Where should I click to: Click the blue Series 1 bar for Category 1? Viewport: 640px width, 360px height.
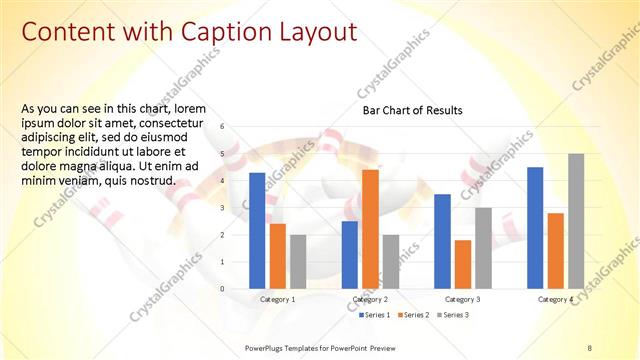(257, 230)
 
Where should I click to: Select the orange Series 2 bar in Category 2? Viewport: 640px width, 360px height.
(370, 229)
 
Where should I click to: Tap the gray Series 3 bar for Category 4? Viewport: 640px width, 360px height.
(576, 221)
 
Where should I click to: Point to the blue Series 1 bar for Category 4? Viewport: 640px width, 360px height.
(535, 227)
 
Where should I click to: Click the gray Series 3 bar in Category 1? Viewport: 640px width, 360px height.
(298, 261)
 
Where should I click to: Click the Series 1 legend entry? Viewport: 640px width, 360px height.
(377, 315)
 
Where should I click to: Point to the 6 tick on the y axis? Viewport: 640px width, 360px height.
(237, 127)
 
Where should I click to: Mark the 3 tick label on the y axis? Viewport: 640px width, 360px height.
(237, 208)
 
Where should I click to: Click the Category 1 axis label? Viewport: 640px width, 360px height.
(277, 299)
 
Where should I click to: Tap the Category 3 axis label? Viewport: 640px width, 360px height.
(463, 299)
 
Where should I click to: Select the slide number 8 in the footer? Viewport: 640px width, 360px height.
(589, 346)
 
